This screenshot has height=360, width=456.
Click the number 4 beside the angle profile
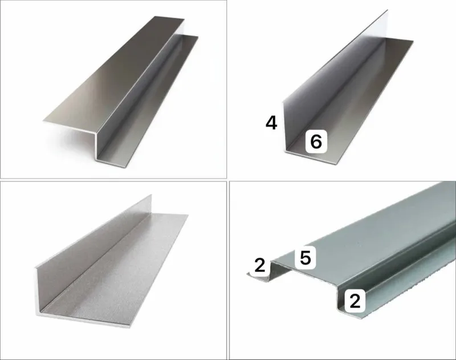(271, 123)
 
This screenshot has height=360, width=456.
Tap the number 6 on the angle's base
(316, 141)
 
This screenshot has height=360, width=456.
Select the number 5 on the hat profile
(306, 258)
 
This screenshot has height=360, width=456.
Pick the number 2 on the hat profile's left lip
(260, 265)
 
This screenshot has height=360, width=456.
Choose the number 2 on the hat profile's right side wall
(355, 301)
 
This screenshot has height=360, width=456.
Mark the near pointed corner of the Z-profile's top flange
(43, 120)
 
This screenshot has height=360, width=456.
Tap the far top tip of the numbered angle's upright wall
(388, 10)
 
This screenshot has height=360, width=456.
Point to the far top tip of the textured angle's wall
(151, 195)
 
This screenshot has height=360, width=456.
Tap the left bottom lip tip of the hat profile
(249, 274)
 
